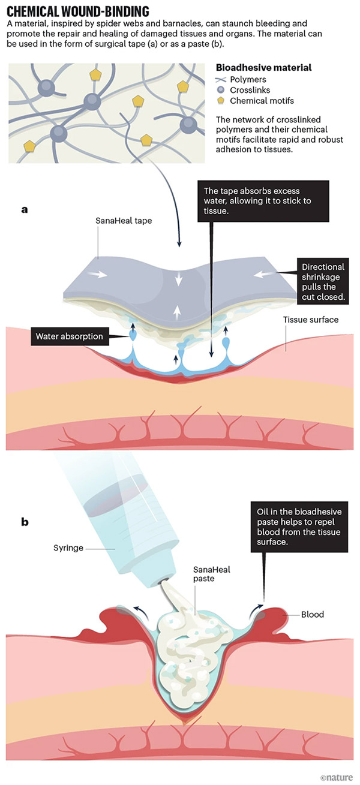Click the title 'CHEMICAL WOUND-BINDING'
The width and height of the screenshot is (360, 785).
click(x=78, y=10)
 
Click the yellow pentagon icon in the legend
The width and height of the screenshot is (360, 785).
click(x=221, y=100)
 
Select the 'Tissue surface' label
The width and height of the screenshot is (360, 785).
click(x=311, y=320)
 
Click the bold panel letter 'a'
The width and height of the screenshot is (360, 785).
click(x=25, y=209)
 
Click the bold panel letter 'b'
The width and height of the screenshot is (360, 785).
click(x=25, y=522)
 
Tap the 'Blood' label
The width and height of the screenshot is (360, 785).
click(x=313, y=615)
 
